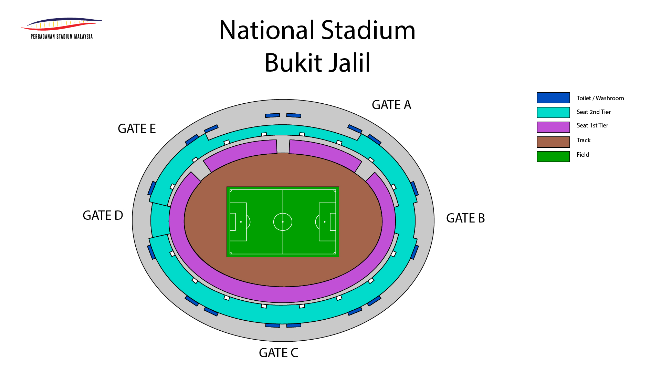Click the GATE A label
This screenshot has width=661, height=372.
391,105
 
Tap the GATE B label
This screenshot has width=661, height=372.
465,218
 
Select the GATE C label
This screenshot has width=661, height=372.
278,353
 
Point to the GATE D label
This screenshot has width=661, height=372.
103,215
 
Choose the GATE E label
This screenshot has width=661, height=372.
137,128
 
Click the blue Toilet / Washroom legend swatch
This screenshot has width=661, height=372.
553,98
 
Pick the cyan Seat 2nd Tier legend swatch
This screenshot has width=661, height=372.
553,112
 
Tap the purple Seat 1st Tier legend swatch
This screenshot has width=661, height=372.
553,127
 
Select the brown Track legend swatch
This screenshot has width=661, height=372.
553,142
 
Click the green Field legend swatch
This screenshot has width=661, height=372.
553,156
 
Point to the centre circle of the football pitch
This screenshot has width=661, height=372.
283,222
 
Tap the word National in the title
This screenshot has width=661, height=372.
267,30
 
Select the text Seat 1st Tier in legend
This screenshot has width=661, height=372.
592,125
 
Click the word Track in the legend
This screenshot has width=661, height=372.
584,140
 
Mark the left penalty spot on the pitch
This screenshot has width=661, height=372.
241,222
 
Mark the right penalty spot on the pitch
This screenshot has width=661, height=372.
325,222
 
